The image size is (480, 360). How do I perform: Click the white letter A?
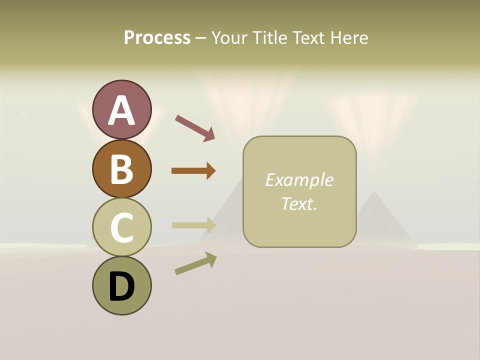[x=122, y=111]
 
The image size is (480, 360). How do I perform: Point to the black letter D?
[x=122, y=287]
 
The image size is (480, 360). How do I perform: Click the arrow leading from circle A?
[x=195, y=127]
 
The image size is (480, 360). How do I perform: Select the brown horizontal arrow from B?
[x=193, y=171]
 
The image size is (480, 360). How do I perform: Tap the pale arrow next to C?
[x=193, y=225]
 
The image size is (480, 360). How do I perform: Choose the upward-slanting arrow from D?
[x=195, y=263]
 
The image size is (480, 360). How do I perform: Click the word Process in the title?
[x=157, y=38]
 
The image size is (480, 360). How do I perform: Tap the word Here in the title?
[x=349, y=38]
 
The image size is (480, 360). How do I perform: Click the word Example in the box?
[x=299, y=180]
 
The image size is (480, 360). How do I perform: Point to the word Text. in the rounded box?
[x=299, y=203]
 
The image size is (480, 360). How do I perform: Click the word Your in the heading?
[x=230, y=38]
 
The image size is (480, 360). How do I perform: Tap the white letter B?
[x=122, y=169]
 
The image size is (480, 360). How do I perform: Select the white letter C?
[x=122, y=228]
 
